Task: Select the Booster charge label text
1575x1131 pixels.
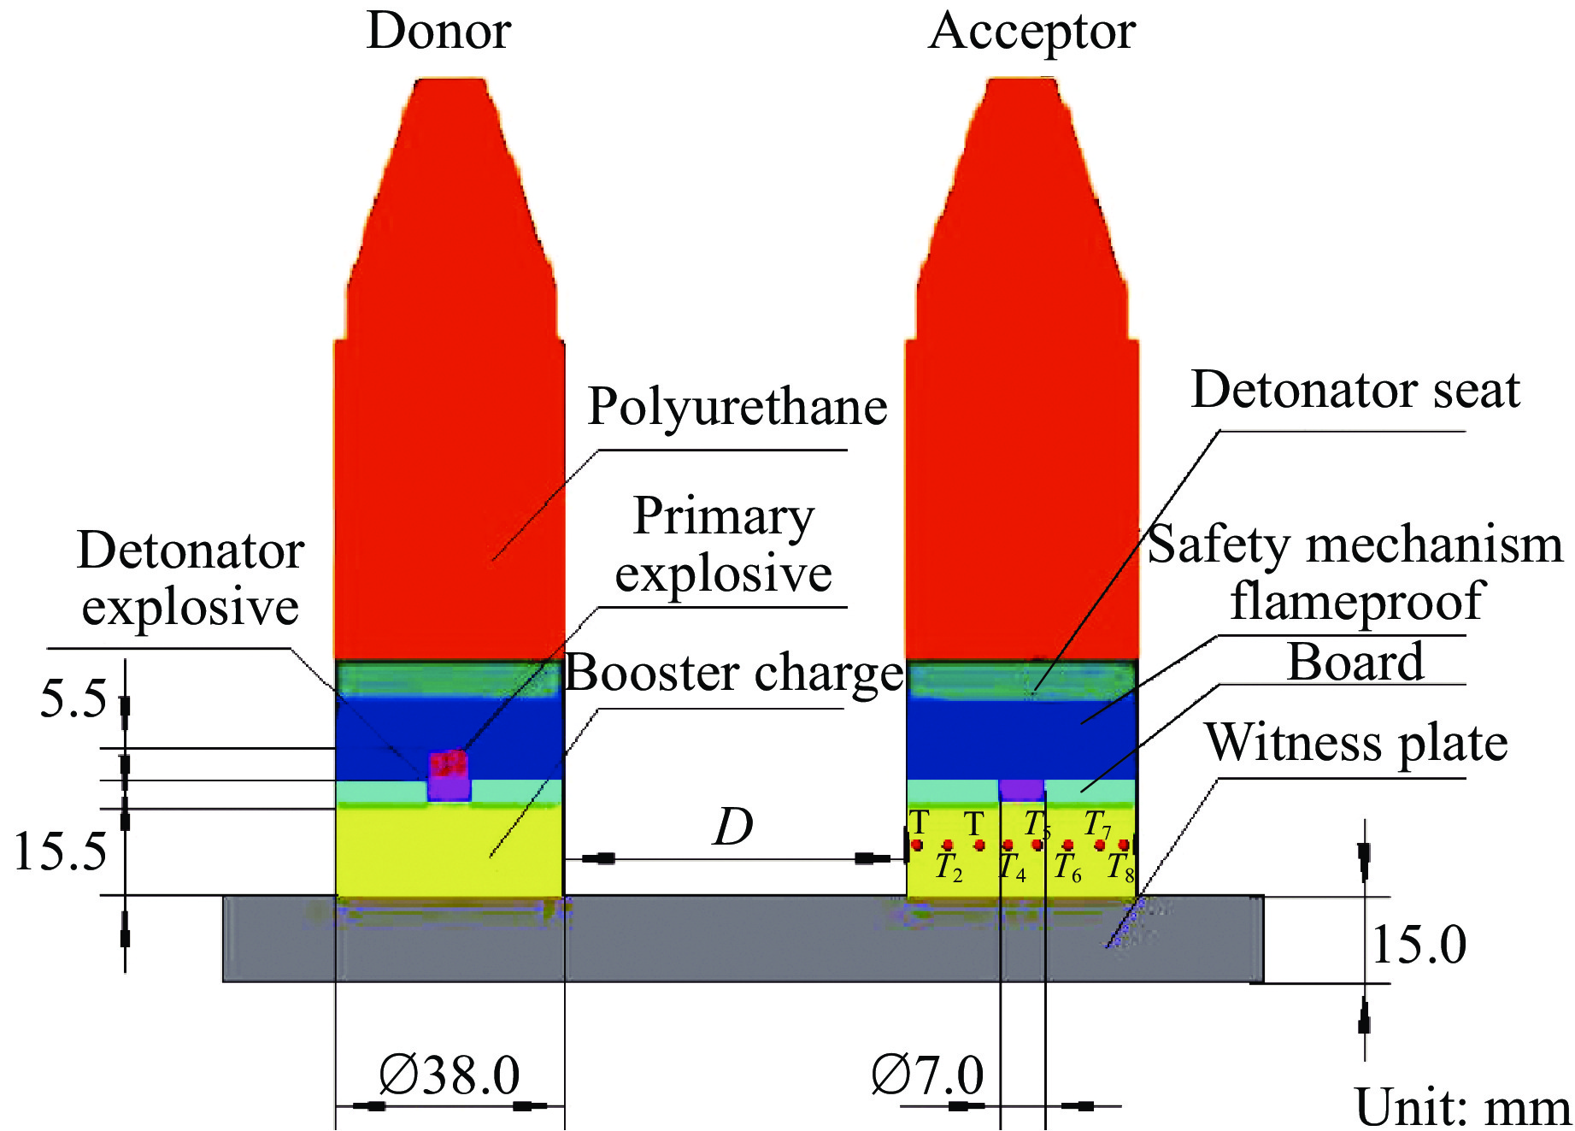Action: (734, 673)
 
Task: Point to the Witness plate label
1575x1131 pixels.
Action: (1355, 742)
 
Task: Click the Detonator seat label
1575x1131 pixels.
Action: (1355, 390)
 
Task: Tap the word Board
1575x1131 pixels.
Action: (1355, 662)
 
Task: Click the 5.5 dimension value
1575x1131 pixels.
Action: (73, 698)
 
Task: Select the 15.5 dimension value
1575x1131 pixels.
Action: (60, 851)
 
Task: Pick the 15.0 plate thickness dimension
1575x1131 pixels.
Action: (1419, 945)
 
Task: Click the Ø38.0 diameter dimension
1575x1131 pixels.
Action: (450, 1075)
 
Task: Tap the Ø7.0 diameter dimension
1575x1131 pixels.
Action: (927, 1075)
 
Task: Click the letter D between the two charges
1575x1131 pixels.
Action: (733, 827)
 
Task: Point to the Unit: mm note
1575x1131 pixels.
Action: (1462, 1108)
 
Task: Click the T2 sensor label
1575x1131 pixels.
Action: (948, 867)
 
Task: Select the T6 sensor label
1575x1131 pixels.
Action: (1067, 868)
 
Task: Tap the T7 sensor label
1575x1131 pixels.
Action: (1097, 824)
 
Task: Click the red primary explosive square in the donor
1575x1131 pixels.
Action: (448, 762)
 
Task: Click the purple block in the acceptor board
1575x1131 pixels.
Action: (1021, 788)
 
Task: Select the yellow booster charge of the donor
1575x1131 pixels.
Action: (449, 850)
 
